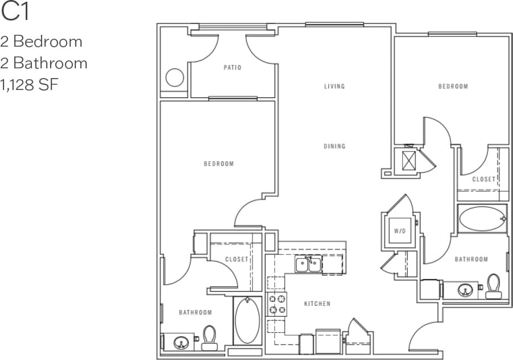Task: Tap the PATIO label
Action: (233, 68)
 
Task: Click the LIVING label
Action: (335, 87)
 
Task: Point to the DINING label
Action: (335, 146)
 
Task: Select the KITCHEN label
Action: (317, 304)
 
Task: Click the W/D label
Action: (399, 231)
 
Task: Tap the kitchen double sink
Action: (308, 265)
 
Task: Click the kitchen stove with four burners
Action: (277, 304)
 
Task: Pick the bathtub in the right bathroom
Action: (482, 219)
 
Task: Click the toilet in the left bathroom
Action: (210, 338)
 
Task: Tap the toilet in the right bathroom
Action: (493, 287)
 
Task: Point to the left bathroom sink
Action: (181, 342)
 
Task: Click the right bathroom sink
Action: (466, 291)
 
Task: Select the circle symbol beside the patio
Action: (174, 77)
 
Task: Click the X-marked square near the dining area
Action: (409, 161)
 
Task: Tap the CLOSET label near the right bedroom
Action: (483, 179)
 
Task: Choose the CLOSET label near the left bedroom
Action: (237, 259)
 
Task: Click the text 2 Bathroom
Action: (44, 63)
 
